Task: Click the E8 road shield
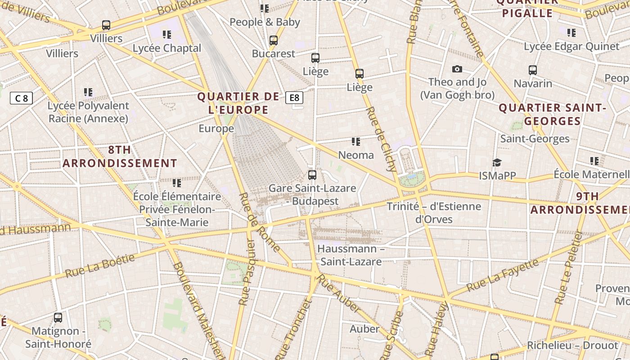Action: point(294,98)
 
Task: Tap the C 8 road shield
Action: point(22,98)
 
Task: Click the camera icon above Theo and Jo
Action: point(457,69)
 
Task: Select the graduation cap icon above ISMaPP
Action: point(497,162)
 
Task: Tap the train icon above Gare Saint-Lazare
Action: point(312,175)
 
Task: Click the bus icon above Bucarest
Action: point(273,40)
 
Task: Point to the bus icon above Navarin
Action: point(533,70)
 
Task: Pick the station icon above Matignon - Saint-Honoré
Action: point(58,318)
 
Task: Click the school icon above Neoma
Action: point(356,142)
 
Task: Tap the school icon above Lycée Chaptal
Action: point(167,35)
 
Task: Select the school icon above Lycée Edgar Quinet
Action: point(571,33)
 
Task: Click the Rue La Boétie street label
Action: point(100,266)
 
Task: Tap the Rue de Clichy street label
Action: point(381,139)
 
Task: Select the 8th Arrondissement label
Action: point(120,157)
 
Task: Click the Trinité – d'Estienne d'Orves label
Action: point(434,213)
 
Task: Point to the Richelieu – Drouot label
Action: point(572,346)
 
